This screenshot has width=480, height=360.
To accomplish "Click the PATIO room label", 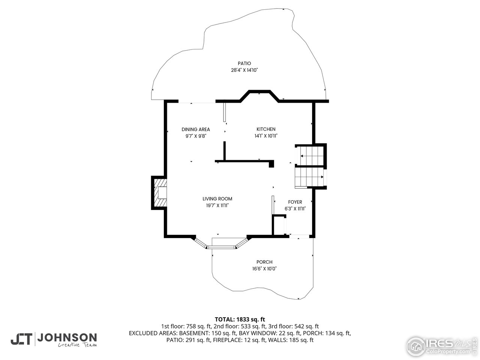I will pyautogui.click(x=244, y=63).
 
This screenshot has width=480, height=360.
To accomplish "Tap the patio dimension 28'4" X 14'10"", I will pyautogui.click(x=244, y=70).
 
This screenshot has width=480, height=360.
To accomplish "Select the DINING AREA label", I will pyautogui.click(x=196, y=129).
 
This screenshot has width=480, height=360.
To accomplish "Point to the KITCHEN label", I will pyautogui.click(x=266, y=129).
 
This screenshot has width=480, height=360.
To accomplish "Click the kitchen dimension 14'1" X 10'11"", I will pyautogui.click(x=266, y=136).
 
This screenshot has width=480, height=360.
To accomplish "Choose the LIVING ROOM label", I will pyautogui.click(x=217, y=199).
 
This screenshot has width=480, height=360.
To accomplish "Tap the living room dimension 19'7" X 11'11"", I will pyautogui.click(x=217, y=205).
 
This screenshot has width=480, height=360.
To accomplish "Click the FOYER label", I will pyautogui.click(x=295, y=202).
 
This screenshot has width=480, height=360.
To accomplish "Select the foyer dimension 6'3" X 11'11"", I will pyautogui.click(x=295, y=209).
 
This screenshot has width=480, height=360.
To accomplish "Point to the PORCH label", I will pyautogui.click(x=264, y=262).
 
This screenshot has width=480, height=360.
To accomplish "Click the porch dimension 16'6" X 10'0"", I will pyautogui.click(x=264, y=268).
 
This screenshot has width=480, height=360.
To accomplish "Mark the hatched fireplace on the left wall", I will pyautogui.click(x=159, y=192).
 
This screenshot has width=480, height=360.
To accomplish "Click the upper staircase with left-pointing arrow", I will pyautogui.click(x=311, y=155).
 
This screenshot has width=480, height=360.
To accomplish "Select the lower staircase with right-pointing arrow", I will pyautogui.click(x=310, y=177).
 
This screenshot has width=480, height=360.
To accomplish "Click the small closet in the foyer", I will pyautogui.click(x=279, y=225).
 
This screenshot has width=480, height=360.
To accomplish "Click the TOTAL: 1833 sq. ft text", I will pyautogui.click(x=240, y=319).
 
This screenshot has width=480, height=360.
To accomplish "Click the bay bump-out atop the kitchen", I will pyautogui.click(x=259, y=96).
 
